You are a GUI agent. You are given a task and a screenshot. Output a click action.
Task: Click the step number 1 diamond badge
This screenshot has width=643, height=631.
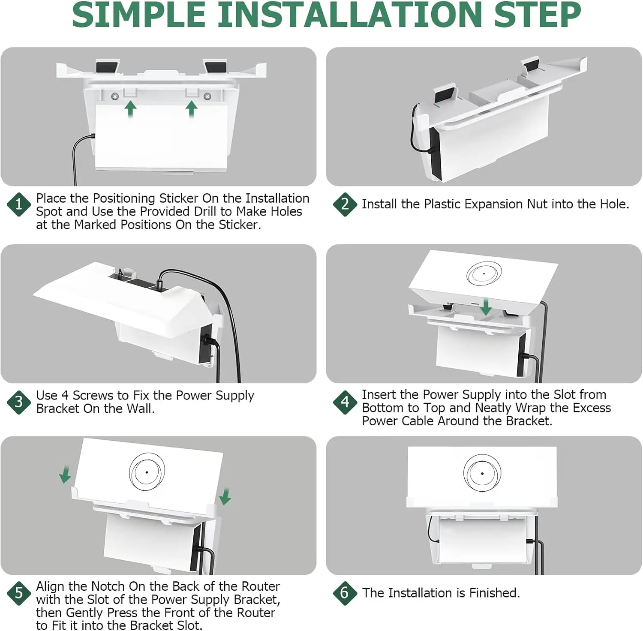tap(19, 204)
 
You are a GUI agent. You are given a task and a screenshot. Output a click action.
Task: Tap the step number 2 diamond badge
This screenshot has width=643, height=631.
tap(345, 204)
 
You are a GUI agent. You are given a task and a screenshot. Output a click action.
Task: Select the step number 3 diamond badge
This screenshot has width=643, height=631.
tap(19, 402)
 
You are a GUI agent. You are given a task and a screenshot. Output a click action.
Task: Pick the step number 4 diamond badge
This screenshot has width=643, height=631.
tap(345, 402)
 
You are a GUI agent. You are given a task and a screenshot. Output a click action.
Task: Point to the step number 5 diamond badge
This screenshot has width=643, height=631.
tap(19, 593)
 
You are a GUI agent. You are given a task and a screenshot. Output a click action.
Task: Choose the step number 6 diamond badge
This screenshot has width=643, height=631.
tap(345, 593)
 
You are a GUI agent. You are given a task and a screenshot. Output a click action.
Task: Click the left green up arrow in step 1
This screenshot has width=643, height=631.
tap(130, 109)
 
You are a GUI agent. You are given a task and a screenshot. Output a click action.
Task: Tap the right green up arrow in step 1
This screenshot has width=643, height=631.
tap(192, 109)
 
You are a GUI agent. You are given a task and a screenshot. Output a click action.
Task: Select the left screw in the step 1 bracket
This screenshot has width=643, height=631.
tap(115, 97)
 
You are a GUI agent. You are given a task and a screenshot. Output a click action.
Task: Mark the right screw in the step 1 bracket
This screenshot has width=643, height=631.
tap(207, 97)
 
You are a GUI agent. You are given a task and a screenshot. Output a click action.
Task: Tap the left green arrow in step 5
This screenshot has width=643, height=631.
tap(65, 475)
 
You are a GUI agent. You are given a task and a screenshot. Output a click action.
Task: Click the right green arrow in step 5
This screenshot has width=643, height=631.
tap(225, 496)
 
